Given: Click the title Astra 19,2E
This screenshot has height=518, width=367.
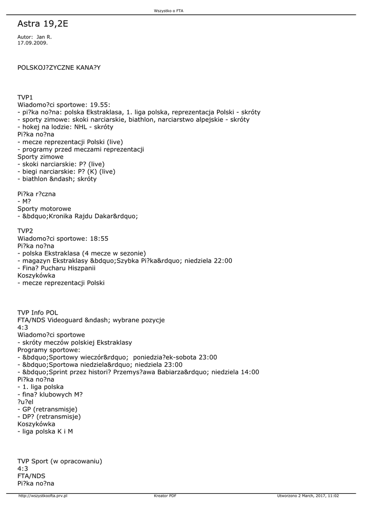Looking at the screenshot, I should tap(43, 24).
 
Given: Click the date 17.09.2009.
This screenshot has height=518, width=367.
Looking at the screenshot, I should tap(32, 43).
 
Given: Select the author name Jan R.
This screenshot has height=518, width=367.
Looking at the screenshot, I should tap(44, 37).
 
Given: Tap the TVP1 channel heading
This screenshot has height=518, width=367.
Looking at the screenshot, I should tap(25, 97).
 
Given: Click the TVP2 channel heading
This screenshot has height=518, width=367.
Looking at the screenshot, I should tap(25, 231).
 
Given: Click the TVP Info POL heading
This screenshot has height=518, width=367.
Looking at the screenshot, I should tap(37, 313).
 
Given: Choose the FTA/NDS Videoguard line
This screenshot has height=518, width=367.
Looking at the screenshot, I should tap(91, 320).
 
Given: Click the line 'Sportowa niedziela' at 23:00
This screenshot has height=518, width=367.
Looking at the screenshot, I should tap(100, 365).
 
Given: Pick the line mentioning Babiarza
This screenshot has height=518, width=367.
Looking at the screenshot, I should tap(138, 372).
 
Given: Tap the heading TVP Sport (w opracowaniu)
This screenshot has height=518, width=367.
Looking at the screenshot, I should tap(60, 461).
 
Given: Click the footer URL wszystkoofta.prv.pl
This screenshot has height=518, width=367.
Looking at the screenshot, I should tap(43, 496).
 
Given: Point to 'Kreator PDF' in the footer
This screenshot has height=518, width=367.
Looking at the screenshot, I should tap(165, 496).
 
